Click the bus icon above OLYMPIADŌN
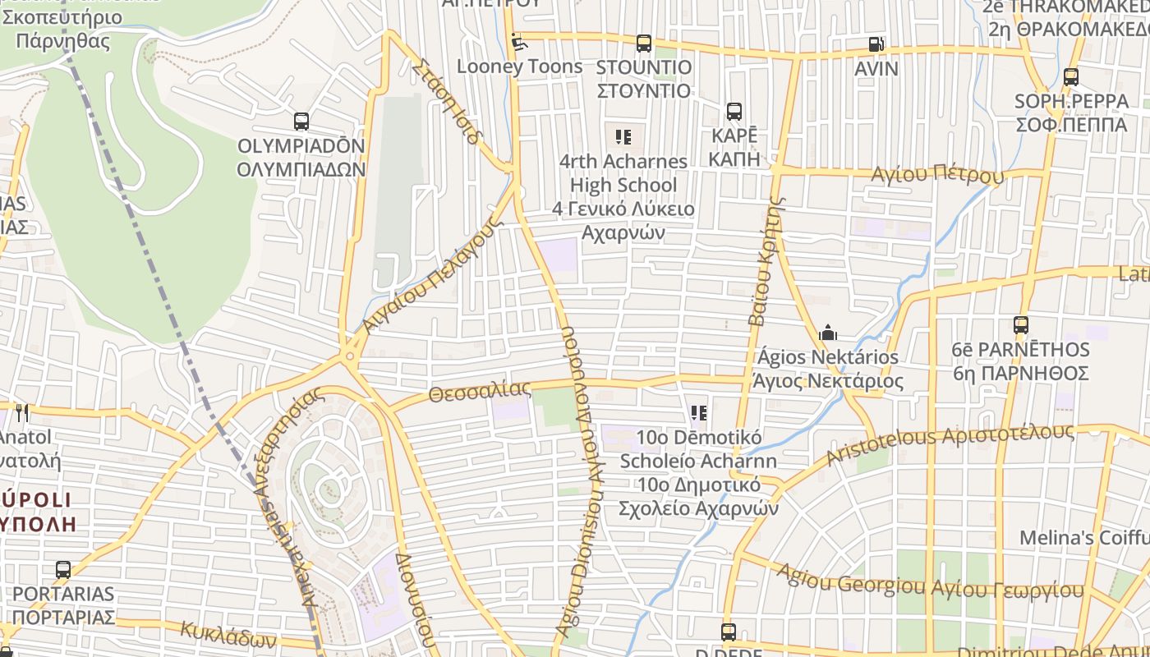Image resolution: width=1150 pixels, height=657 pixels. [x=301, y=122]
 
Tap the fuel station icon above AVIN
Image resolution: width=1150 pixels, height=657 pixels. [x=876, y=44]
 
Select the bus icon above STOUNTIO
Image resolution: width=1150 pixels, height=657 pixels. [x=644, y=43]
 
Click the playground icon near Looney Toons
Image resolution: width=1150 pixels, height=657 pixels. [x=517, y=40]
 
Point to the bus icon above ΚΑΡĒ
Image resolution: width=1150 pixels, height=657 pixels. [x=734, y=112]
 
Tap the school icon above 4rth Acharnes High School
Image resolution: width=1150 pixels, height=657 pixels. [x=623, y=136]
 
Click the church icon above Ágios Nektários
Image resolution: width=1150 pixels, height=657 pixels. [x=828, y=333]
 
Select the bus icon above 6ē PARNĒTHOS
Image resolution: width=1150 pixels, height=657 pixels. [x=1020, y=325]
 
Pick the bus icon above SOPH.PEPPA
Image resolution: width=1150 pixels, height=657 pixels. [x=1071, y=77]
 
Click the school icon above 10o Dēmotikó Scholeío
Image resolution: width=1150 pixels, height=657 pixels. [x=699, y=412]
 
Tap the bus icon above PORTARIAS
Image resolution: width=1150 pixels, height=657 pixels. [x=63, y=569]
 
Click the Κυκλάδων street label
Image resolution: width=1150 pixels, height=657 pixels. [x=228, y=635]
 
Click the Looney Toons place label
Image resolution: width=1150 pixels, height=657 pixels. [x=519, y=66]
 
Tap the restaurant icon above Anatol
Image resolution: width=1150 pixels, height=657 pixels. [x=21, y=412]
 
